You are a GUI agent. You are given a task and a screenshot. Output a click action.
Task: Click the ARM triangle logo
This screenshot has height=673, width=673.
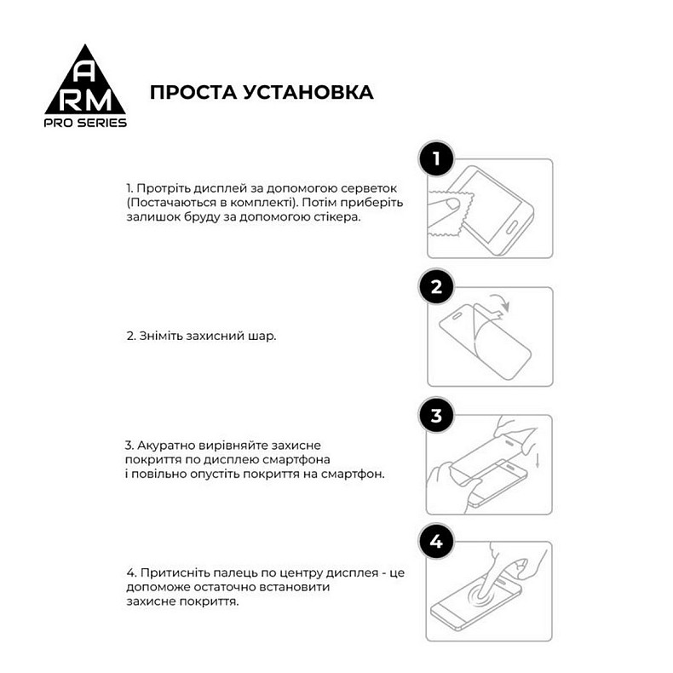coord(85,85)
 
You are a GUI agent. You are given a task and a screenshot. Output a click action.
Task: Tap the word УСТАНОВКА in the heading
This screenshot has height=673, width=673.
coord(308,92)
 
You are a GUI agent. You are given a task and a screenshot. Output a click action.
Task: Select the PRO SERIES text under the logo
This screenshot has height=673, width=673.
coord(85,123)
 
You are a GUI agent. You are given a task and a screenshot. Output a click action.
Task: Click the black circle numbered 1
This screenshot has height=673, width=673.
coord(436,159)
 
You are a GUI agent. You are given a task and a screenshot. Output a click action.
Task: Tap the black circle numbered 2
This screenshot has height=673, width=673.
coord(436,287)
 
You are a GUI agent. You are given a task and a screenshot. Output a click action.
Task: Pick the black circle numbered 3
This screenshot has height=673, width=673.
coord(436,416)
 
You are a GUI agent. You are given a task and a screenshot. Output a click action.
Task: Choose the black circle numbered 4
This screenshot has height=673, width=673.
coord(436,542)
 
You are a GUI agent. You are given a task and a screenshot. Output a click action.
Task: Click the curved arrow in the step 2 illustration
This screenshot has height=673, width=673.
coord(502,302)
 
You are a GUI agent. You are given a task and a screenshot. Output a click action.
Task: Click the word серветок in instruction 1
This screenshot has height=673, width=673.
coord(373,188)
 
